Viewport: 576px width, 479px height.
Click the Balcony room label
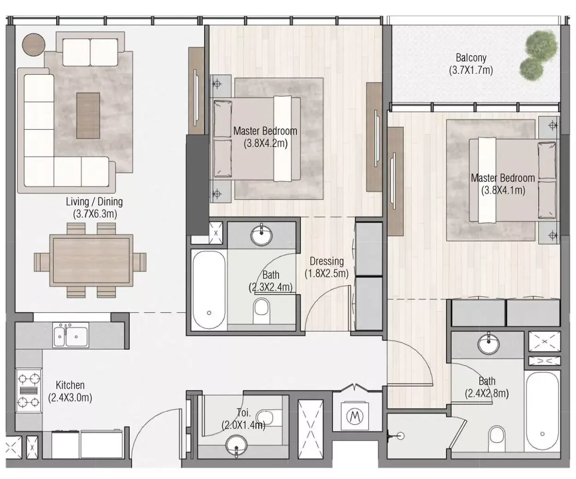tap(470, 58)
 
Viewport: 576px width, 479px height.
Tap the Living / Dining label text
tap(95, 202)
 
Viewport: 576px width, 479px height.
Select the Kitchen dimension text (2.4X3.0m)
tap(70, 398)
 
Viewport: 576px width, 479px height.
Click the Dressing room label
tap(327, 261)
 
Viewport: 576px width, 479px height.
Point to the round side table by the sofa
tap(34, 45)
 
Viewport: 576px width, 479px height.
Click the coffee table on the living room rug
tap(88, 115)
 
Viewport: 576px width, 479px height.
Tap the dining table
tap(91, 260)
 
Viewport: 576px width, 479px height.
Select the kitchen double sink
tap(71, 335)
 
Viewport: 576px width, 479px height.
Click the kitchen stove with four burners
tap(29, 390)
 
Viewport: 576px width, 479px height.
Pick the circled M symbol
tap(355, 416)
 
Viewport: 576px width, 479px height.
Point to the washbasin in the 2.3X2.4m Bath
tap(261, 235)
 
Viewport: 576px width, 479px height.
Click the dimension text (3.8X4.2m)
tap(265, 144)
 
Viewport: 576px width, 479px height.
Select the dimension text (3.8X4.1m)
tap(503, 190)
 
